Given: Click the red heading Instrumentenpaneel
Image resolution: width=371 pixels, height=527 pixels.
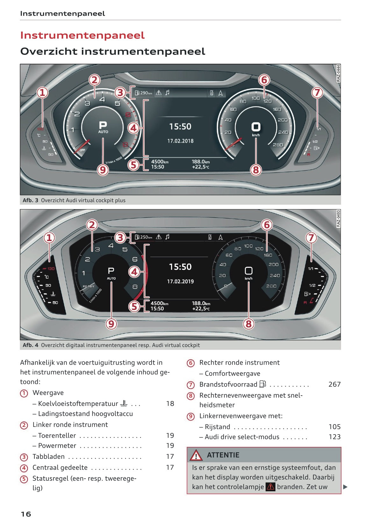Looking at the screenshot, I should point(82,35).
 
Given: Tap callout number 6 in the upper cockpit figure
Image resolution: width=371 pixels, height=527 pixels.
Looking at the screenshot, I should point(264,80).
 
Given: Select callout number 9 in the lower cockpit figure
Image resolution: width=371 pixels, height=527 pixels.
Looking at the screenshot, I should point(111,324).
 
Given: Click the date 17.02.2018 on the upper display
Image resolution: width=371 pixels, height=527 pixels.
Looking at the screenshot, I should point(180,141).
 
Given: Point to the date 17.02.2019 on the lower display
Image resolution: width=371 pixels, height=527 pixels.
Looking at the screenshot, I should point(180,282).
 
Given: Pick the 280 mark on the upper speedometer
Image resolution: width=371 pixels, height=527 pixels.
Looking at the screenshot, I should point(278,145).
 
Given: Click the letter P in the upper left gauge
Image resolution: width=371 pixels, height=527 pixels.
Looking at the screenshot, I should point(103,125).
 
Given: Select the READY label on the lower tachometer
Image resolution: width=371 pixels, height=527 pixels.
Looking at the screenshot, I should point(89,286).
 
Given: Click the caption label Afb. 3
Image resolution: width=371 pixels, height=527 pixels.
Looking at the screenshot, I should point(30,200).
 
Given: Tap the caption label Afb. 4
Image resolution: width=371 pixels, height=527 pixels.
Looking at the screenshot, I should point(30,345).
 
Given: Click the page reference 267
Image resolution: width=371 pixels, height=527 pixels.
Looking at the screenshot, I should point(334,384).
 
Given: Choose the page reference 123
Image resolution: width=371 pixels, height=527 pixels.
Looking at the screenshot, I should point(334,437).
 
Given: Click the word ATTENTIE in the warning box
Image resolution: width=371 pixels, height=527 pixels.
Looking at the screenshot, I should point(223,455).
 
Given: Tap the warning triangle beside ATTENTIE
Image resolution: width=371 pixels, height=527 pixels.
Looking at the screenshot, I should point(196,455).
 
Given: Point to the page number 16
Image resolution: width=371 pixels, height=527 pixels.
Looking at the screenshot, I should point(26,514).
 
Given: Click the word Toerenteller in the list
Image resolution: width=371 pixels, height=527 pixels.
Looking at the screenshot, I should point(57,436).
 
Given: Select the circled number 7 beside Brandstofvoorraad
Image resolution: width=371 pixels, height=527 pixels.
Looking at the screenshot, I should point(190,385).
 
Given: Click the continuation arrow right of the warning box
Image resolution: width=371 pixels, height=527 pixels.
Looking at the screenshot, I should point(345,487).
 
